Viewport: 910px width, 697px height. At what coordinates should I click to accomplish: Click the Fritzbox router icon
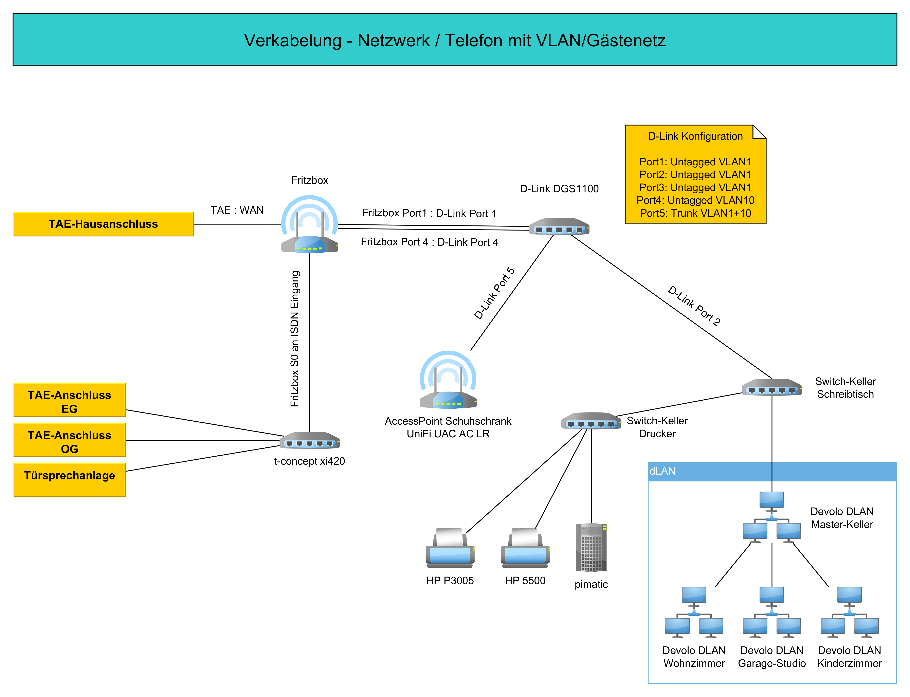coord(310,226)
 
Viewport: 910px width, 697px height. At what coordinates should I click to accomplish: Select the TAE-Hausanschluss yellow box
coord(103,224)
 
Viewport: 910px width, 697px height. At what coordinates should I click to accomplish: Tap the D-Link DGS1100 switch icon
coord(559,226)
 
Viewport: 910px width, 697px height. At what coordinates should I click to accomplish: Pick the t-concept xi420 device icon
coord(310,441)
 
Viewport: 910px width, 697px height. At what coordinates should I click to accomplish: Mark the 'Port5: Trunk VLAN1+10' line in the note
coord(695,213)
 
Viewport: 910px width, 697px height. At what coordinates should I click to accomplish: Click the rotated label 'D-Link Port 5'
coord(494,293)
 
